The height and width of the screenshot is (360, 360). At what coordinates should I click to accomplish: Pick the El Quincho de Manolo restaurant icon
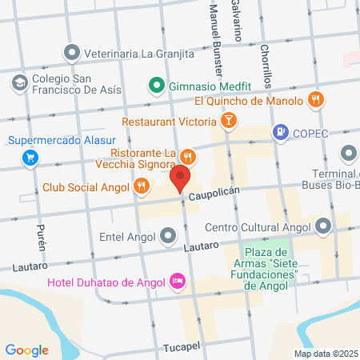click(316, 100)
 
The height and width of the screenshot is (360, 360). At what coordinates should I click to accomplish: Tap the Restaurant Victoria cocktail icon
click(229, 122)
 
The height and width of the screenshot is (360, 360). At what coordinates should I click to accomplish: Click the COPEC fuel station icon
click(280, 132)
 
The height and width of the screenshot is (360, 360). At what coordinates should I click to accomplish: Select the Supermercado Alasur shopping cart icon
click(30, 157)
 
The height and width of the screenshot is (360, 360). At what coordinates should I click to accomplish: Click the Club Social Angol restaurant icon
click(142, 186)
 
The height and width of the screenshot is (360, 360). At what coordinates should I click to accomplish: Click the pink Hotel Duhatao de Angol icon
click(178, 281)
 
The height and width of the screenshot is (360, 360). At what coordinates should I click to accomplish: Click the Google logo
click(26, 350)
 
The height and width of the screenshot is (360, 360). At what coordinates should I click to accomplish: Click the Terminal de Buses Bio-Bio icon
click(350, 153)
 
